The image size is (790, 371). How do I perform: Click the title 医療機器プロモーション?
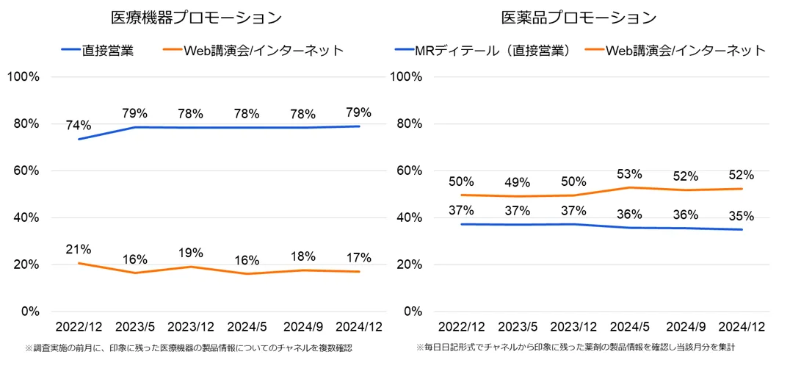[x=196, y=18]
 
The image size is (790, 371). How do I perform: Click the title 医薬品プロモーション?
[x=579, y=18]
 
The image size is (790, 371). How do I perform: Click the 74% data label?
[x=79, y=125]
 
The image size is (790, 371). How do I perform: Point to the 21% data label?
[x=79, y=249]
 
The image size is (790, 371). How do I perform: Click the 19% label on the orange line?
[x=190, y=253]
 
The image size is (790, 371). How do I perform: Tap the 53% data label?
[x=630, y=174]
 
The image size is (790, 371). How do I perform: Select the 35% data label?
[x=742, y=216]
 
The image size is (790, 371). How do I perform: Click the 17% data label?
[x=358, y=258]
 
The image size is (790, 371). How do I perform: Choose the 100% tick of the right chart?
[x=409, y=76]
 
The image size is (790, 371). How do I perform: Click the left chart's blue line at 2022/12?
[x=79, y=139]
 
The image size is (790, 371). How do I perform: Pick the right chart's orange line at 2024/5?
[x=630, y=187]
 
